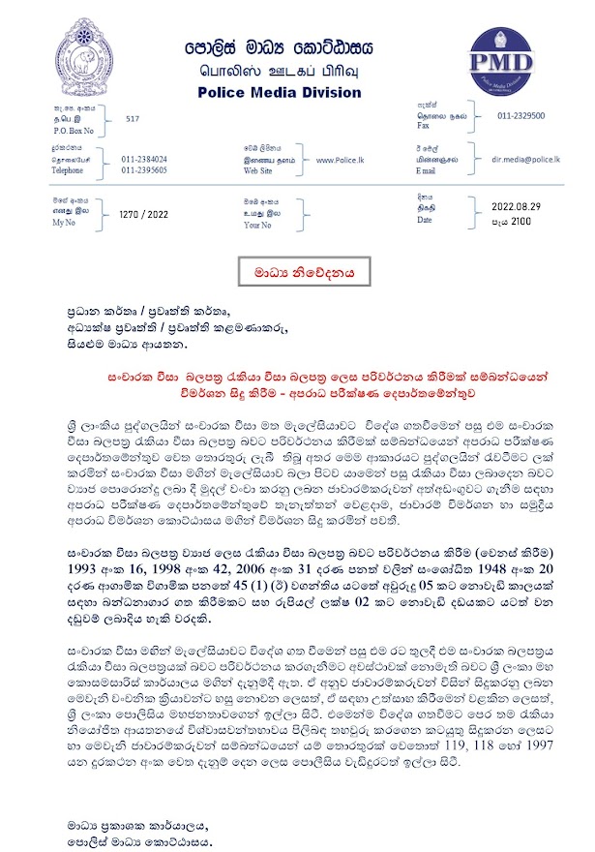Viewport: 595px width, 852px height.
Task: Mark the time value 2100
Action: [521, 222]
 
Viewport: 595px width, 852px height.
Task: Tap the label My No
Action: [65, 222]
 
